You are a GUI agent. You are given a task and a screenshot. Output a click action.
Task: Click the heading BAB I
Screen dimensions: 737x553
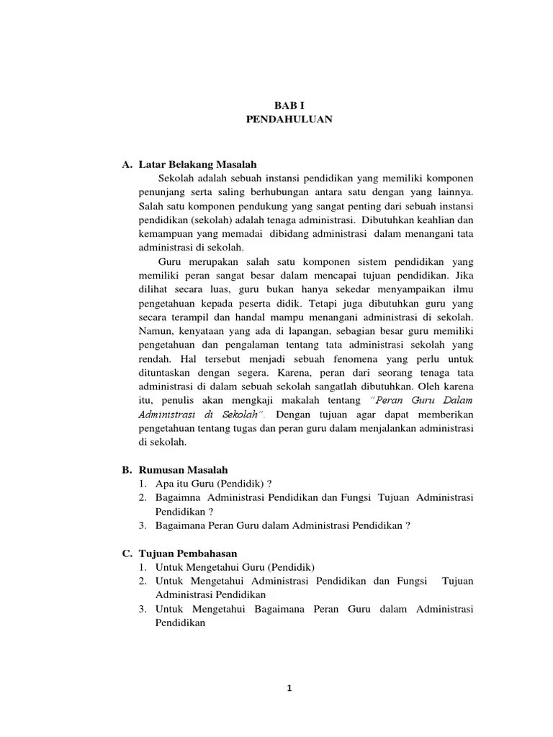[289, 105]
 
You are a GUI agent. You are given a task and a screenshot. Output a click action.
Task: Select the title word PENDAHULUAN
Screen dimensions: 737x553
[289, 119]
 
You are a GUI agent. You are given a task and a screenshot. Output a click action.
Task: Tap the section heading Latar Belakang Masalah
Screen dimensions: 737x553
[198, 165]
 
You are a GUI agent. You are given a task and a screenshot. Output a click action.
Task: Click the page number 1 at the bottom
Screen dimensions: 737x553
[289, 688]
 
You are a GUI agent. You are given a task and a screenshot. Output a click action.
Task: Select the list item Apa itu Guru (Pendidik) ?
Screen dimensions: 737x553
[214, 484]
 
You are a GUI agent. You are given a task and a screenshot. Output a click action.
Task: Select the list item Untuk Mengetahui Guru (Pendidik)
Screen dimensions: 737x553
[235, 566]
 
